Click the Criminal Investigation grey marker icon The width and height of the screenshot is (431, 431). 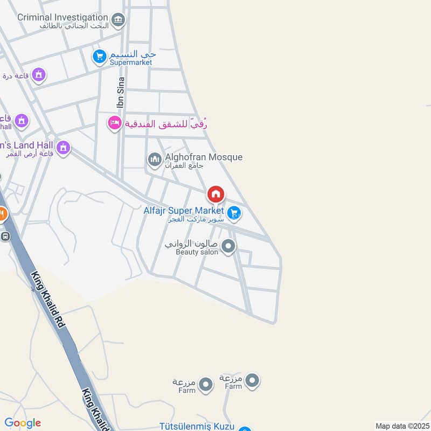(118, 21)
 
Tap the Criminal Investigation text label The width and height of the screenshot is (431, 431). (63, 17)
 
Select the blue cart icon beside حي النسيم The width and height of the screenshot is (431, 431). (100, 57)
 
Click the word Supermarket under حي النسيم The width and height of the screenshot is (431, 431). (130, 62)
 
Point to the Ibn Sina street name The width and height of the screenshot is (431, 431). (120, 93)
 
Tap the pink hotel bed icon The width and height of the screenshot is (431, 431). (114, 123)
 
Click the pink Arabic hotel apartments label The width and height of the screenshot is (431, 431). (166, 123)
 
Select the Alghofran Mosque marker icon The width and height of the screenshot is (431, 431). (155, 159)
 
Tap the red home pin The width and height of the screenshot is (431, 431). (215, 194)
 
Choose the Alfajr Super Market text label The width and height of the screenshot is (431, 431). (183, 211)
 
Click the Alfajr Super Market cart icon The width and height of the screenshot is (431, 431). (233, 214)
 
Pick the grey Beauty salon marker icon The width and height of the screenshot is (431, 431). (228, 247)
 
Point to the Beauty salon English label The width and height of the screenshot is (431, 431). (197, 252)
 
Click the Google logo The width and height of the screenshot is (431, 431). (23, 423)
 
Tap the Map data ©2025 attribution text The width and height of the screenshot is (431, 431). (401, 426)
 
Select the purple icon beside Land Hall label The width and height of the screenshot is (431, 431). (64, 147)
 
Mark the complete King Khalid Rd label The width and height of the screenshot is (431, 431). (48, 300)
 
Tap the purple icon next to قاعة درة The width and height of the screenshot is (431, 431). (38, 75)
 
